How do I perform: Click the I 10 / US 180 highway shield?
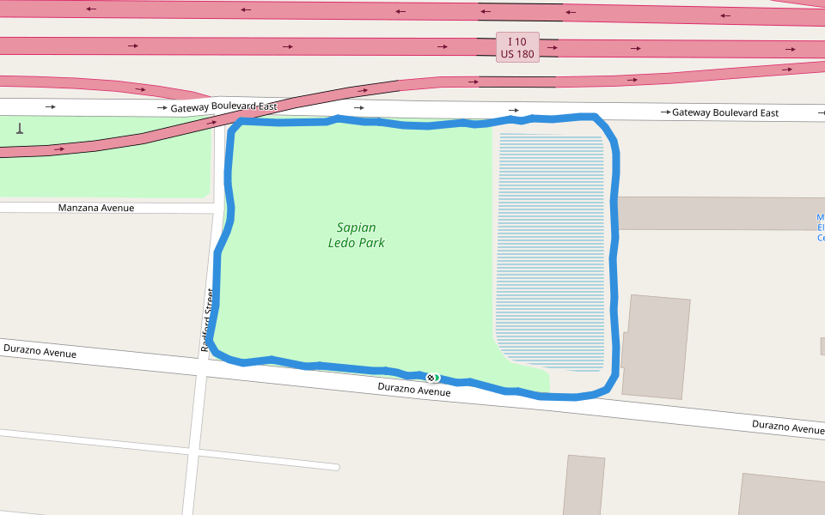coord(517,47)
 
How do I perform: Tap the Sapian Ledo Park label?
coord(356,235)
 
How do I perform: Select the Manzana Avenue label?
coord(96,208)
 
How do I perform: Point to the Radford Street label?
coord(206,320)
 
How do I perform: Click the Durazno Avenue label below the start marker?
coord(414,391)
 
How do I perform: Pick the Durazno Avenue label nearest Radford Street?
coord(40,351)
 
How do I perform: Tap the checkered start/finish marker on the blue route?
coord(432,378)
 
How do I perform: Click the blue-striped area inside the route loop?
coord(550,249)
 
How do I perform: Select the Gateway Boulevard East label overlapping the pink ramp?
coord(223,108)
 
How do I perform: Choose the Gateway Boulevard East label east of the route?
coord(725,112)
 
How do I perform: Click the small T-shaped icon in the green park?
coord(20,130)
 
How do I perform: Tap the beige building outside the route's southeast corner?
coord(656,347)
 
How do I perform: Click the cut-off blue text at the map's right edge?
coord(821,227)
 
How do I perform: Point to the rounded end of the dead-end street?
coord(335,467)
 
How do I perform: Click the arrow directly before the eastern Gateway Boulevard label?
coord(664,112)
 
